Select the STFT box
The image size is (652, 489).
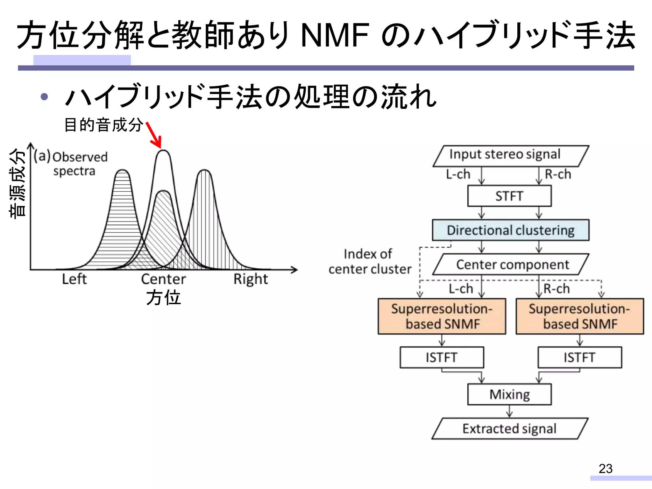point(509,196)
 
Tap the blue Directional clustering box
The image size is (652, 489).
point(511,230)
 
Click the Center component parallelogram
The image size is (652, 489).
point(511,264)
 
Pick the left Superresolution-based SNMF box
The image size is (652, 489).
point(442,316)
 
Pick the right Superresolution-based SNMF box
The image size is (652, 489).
point(579,316)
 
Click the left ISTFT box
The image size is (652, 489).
point(442,358)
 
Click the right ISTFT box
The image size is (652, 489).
point(579,358)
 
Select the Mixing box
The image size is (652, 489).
point(509,394)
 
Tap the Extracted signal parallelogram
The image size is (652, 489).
point(509,429)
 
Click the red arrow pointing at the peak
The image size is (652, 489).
point(154,135)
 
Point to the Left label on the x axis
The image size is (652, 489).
point(74,279)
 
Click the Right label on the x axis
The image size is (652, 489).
point(251,279)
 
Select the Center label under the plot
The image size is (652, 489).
point(163,279)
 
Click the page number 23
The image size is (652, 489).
point(605,469)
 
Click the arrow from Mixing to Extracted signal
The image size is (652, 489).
point(509,411)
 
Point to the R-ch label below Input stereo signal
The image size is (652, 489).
point(558,174)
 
